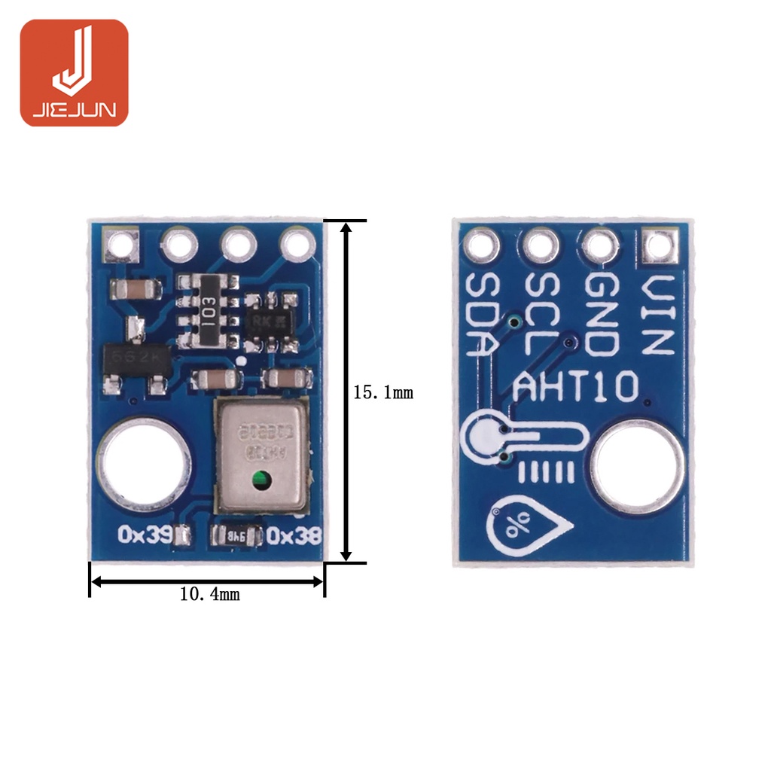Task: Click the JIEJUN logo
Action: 74,72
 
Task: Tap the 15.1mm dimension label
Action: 383,392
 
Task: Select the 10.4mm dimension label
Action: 209,594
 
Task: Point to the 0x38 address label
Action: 294,535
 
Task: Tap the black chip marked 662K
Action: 136,358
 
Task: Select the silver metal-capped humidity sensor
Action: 261,452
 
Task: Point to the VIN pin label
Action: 657,315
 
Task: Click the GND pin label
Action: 602,315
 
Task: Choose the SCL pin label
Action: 542,315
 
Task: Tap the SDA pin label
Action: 483,315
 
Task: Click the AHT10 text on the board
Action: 575,389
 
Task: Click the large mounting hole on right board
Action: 638,466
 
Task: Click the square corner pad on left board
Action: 121,244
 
